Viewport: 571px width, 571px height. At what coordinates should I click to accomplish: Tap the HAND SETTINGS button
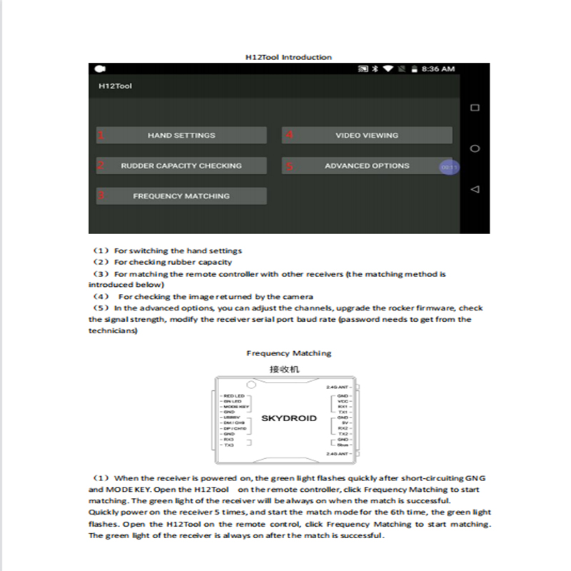181,136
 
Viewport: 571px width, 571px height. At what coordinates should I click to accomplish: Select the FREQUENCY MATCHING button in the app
181,196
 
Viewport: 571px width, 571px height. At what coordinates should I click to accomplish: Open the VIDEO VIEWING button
367,136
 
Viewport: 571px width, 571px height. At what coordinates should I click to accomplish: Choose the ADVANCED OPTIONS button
367,166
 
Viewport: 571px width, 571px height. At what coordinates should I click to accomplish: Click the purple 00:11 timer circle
449,166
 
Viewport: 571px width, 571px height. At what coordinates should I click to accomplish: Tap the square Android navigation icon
475,108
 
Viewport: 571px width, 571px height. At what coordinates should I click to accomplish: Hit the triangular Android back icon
475,189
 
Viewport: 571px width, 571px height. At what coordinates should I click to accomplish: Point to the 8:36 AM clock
438,69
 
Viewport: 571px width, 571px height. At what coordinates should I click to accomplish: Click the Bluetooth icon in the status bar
375,69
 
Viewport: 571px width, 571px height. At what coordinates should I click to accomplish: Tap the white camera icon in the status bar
101,69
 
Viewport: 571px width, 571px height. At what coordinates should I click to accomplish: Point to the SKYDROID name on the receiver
288,418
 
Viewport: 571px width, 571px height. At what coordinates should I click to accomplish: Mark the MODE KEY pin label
236,406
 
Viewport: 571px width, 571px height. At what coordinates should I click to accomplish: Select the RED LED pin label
234,395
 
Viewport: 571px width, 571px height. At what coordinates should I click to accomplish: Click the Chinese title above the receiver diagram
284,369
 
